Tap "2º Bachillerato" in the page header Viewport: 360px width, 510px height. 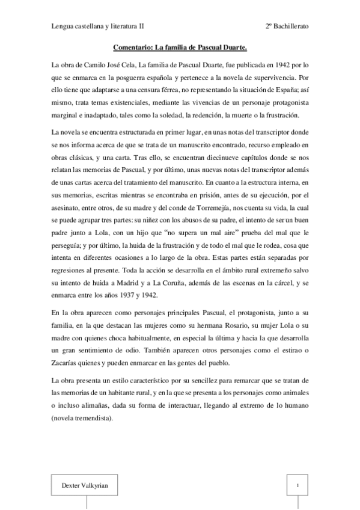[x=287, y=27]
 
